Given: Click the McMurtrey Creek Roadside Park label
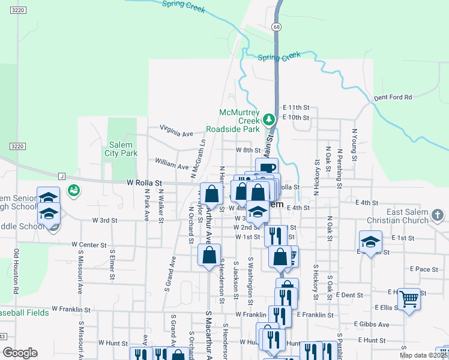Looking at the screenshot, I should point(239,121).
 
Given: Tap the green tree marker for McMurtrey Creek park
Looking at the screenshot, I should point(270,118).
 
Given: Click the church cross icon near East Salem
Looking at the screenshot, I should point(438,215).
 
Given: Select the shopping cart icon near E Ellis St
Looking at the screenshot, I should point(409,298).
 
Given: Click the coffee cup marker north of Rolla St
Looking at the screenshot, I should point(267,167).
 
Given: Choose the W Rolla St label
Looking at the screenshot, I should point(144,182).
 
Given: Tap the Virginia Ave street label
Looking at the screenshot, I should point(176,130).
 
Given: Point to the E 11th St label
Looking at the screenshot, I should point(295,107).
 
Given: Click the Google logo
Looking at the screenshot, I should point(20,353).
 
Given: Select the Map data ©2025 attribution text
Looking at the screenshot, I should point(423,355).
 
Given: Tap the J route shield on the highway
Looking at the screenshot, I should point(61,176).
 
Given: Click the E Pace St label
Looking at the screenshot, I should point(426,269).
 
